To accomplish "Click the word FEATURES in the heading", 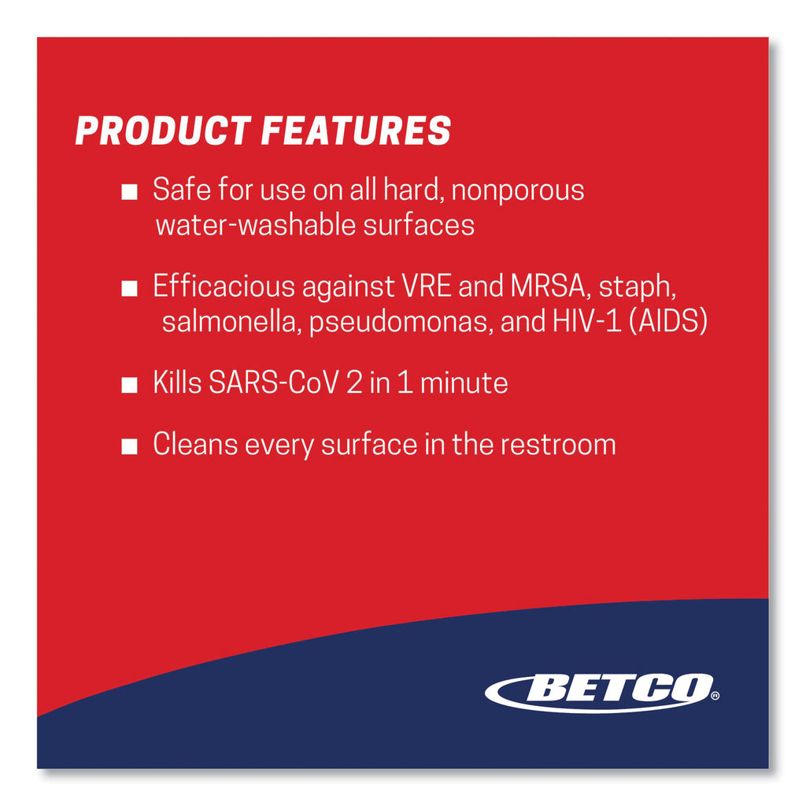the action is pos(357,131).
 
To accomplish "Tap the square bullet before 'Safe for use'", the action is pos(129,192).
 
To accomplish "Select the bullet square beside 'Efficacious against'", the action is pos(129,288).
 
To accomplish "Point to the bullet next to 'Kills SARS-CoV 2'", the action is pos(129,385).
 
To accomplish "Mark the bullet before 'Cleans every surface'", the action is pos(129,446).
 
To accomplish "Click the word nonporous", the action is pos(518,190).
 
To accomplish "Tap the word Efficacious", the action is pos(224,286).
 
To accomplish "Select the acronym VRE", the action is pos(426,286).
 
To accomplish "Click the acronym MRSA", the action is pos(549,287).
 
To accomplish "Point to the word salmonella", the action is pos(229,322).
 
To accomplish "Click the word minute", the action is pos(464,383).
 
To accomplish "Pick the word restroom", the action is pos(558,445).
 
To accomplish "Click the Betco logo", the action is pos(602,693).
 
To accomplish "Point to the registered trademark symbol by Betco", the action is pos(715,696).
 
